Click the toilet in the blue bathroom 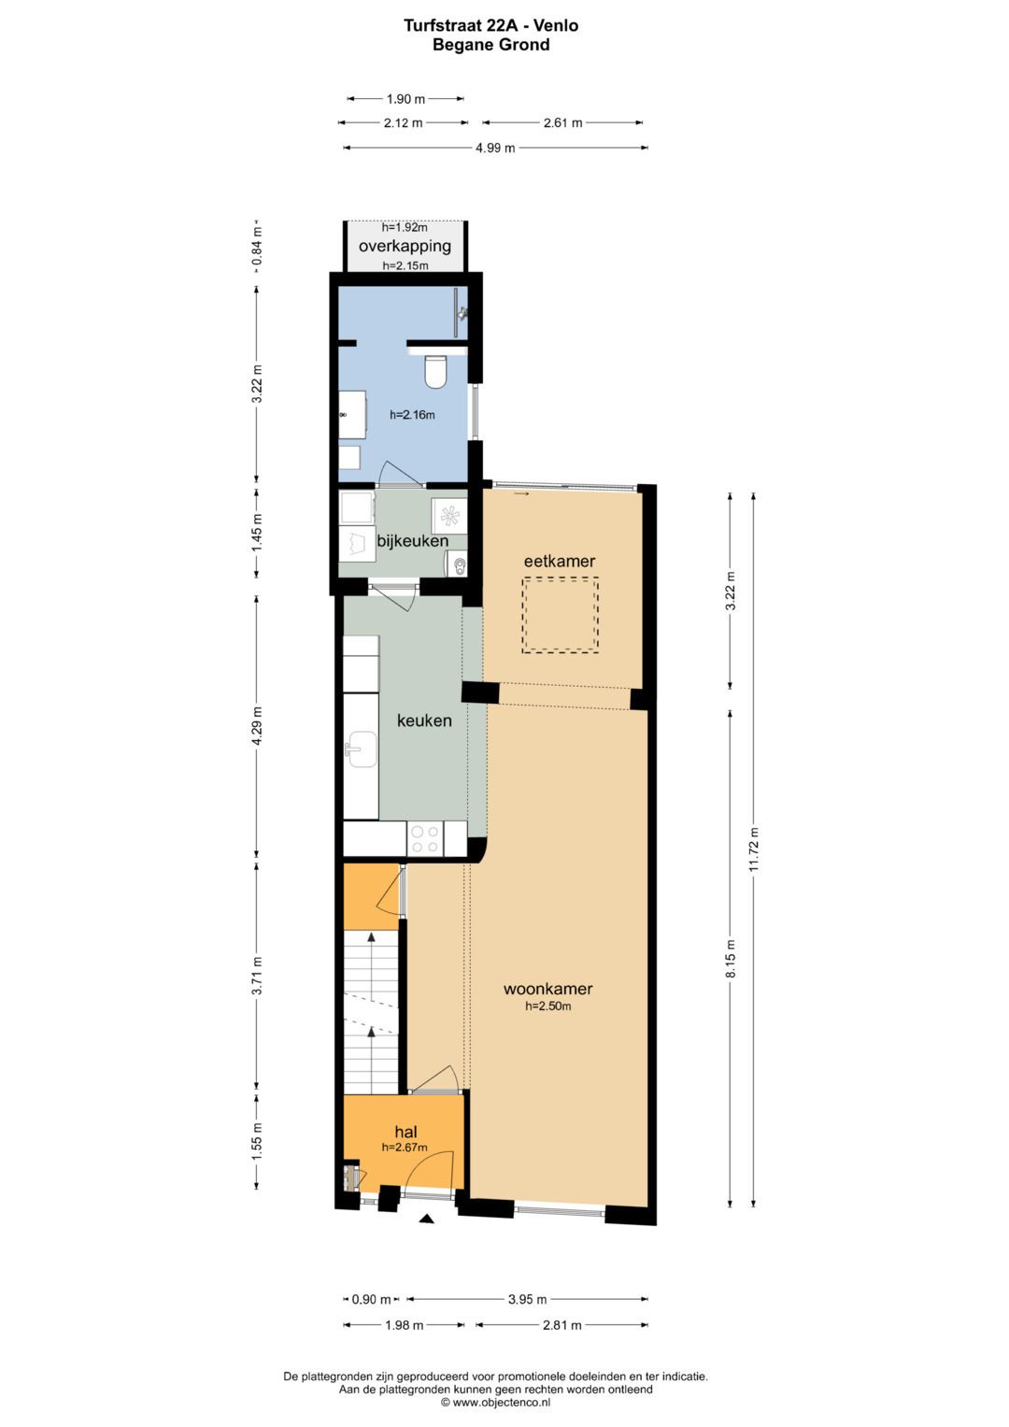[x=436, y=372]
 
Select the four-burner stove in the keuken [x=425, y=838]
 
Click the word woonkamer [x=547, y=989]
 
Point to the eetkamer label [x=560, y=561]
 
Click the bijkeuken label [x=413, y=541]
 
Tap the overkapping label [x=405, y=246]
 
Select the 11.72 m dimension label [x=754, y=849]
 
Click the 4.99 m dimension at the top [x=495, y=148]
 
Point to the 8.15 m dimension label [x=730, y=959]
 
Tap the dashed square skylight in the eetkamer [x=561, y=615]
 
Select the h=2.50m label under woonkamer [x=547, y=1006]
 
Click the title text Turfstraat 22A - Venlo [x=491, y=25]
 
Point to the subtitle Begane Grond [x=491, y=45]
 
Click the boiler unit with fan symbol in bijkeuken [x=449, y=515]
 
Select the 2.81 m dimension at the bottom [x=561, y=1325]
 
